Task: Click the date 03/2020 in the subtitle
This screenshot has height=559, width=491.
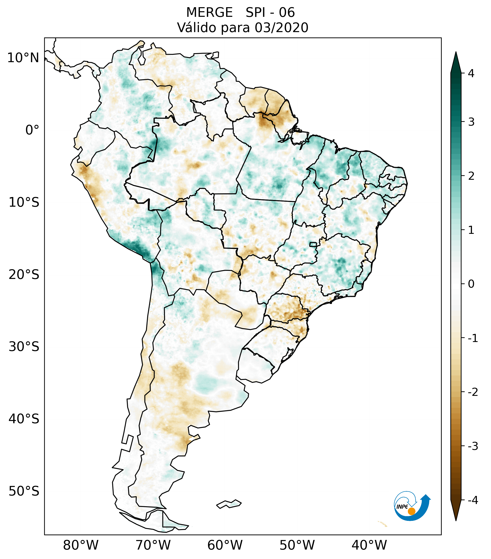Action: point(281,28)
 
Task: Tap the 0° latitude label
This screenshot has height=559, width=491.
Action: point(32,130)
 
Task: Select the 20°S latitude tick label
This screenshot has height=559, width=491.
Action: point(24,275)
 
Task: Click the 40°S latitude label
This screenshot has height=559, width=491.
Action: point(24,419)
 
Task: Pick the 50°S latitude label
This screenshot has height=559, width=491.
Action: point(24,491)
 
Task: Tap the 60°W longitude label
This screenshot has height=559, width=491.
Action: point(225,545)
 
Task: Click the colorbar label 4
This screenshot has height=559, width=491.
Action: point(471,73)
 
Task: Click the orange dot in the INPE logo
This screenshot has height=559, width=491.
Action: point(411,511)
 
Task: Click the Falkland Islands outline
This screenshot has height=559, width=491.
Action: point(229,504)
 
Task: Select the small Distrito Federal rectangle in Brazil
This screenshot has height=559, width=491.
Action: point(313,244)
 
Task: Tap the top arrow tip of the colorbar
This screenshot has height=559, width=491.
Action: point(456,53)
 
